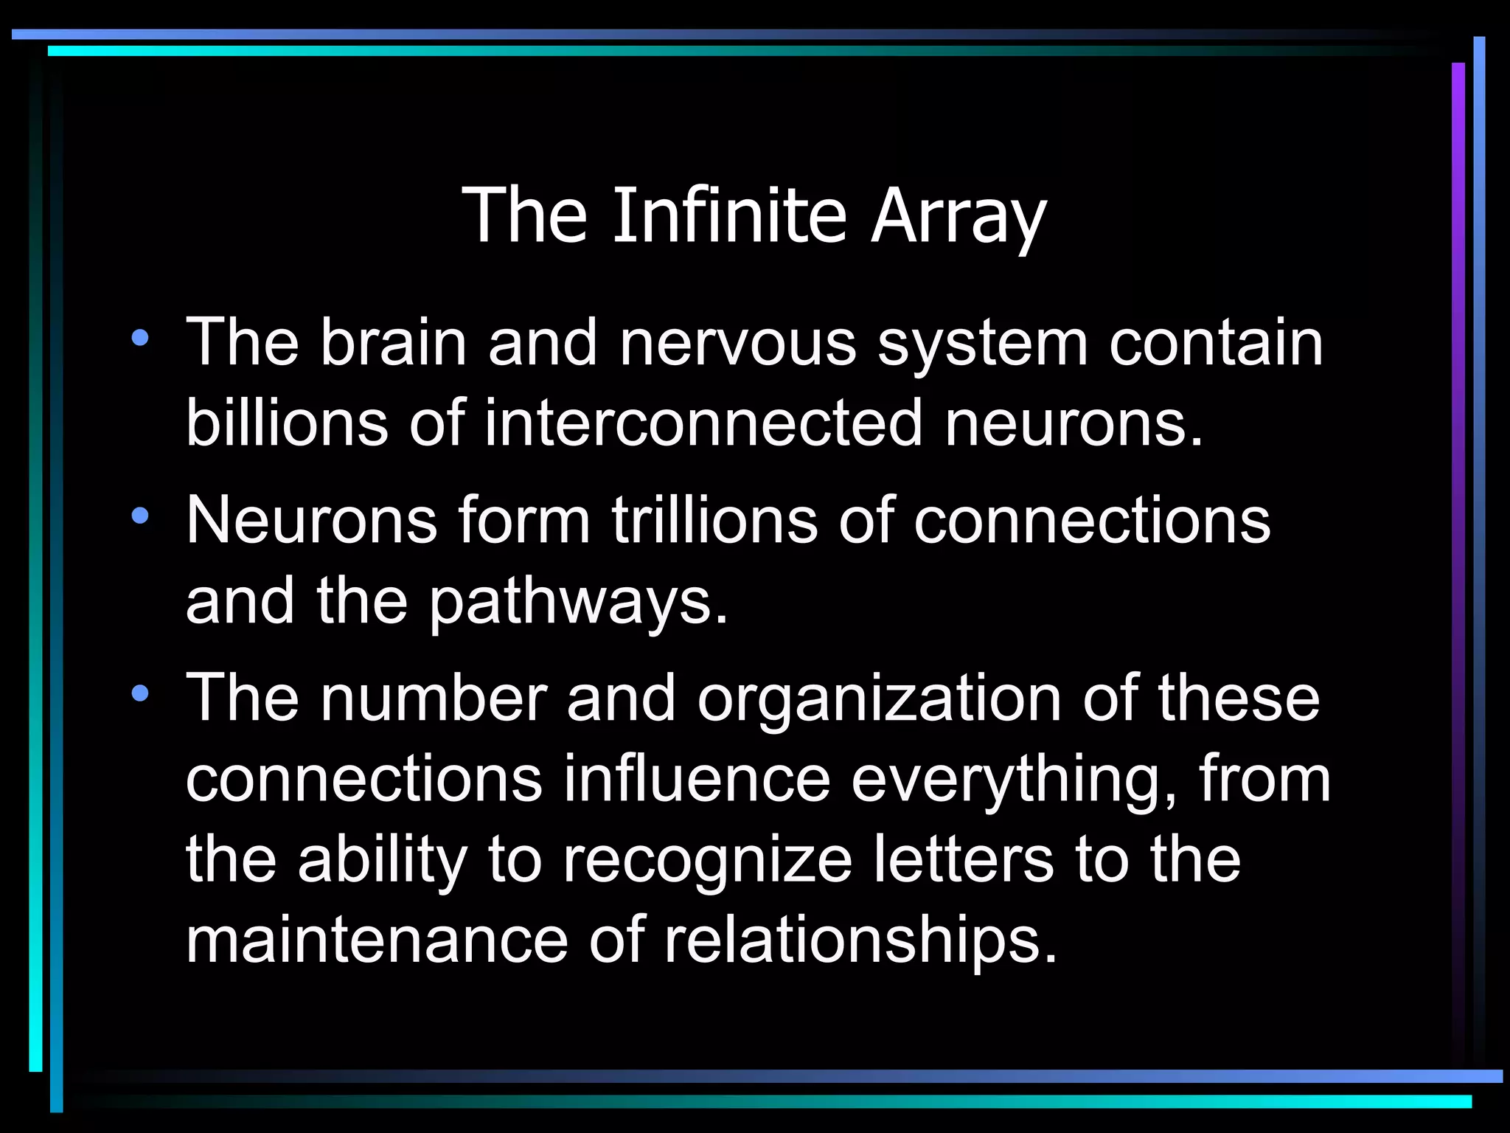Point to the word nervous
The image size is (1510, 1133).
coord(737,343)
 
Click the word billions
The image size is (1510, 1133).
coord(287,423)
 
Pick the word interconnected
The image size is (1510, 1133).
coord(703,423)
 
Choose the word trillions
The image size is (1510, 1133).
coord(714,520)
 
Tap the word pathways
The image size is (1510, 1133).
coord(579,602)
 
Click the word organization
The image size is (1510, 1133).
coord(879,699)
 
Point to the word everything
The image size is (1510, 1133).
coord(1014,780)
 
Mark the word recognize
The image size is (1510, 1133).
coord(707,862)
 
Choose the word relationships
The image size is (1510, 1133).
coord(860,941)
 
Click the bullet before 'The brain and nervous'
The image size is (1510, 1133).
coord(140,339)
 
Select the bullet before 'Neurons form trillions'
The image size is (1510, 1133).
coord(140,516)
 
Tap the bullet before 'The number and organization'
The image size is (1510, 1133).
coord(140,693)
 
